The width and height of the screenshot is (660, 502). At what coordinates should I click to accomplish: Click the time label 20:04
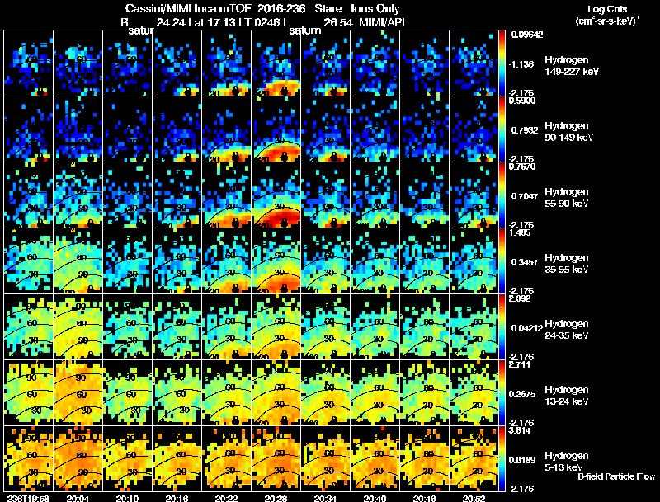(x=78, y=497)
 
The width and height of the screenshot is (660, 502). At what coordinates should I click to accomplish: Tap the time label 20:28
(x=276, y=497)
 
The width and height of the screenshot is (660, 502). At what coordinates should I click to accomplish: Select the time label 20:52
(x=474, y=497)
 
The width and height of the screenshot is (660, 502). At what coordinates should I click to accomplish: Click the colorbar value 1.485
(x=520, y=233)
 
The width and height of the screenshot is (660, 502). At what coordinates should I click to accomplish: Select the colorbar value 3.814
(x=520, y=430)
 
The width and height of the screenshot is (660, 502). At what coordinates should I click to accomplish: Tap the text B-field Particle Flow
(x=616, y=476)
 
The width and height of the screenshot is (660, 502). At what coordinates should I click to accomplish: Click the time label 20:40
(x=375, y=497)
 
